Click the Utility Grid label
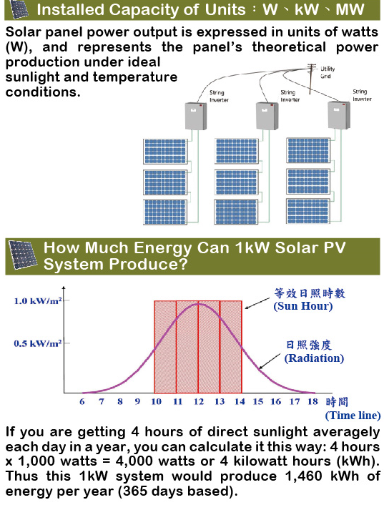[327, 72]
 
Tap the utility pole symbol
[311, 79]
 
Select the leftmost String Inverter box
[196, 116]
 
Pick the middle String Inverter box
[267, 116]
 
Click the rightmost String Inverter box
[339, 115]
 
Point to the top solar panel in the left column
[165, 151]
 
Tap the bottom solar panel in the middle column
[236, 212]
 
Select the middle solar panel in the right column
[308, 181]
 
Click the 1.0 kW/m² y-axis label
[38, 301]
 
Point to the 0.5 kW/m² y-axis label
[38, 343]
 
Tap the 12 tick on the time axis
[198, 402]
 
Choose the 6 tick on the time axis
[82, 402]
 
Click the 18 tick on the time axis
[312, 402]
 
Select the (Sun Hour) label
[303, 306]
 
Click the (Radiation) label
[314, 358]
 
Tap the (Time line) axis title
[353, 416]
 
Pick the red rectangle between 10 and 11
[165, 347]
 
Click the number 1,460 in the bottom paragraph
[304, 476]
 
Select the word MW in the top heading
[350, 10]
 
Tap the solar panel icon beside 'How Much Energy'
[22, 255]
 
